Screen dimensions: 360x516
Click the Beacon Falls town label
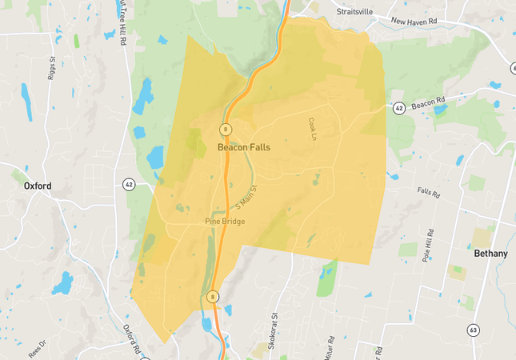pos(244,148)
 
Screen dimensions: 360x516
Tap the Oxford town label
pos(38,186)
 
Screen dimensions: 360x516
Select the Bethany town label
pos(490,254)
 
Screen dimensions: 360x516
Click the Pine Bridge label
pos(225,222)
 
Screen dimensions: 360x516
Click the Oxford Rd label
pos(131,336)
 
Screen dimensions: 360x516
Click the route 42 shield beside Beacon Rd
pos(398,107)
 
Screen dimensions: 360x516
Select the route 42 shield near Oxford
pos(128,184)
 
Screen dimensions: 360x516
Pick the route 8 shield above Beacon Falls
pos(226,129)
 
